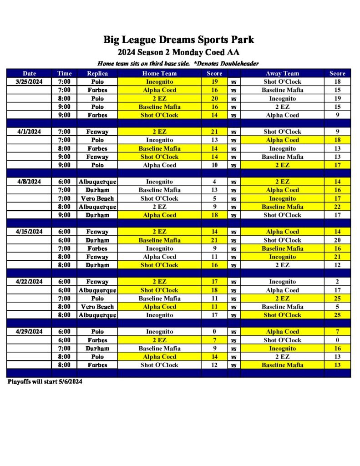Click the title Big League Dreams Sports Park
(x=178, y=40)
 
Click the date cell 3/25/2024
(x=29, y=82)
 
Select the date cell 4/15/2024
(x=29, y=232)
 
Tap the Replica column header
(x=97, y=73)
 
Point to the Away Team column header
(x=282, y=73)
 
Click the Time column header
(x=64, y=73)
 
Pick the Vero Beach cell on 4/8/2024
(x=97, y=198)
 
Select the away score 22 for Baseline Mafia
(x=337, y=207)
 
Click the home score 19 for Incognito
(x=214, y=82)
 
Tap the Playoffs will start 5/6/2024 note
(x=45, y=381)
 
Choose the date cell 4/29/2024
(x=29, y=332)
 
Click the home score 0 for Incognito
(x=214, y=332)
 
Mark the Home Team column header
(x=159, y=73)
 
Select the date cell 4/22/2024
(x=29, y=282)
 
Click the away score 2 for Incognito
(x=337, y=282)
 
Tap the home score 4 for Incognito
(x=214, y=182)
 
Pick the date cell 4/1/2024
(x=29, y=132)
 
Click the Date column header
(x=29, y=73)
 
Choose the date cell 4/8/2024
(x=29, y=182)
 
